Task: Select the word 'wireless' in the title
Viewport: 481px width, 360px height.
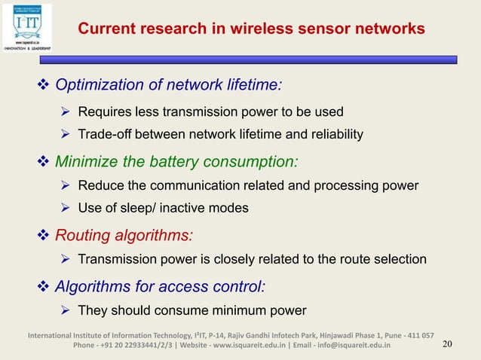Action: pyautogui.click(x=268, y=29)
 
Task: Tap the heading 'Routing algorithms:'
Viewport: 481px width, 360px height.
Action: pyautogui.click(x=124, y=235)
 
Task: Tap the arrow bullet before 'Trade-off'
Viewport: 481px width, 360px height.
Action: pyautogui.click(x=66, y=135)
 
